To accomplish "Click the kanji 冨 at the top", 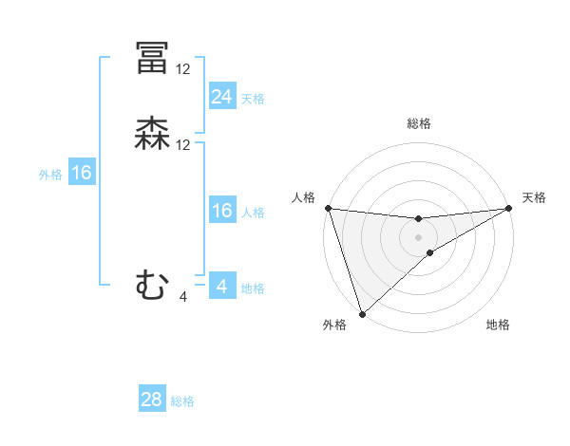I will (152, 58).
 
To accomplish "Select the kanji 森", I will (152, 134).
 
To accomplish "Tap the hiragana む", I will (152, 284).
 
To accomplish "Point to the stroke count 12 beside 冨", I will (183, 69).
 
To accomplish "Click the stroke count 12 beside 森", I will (183, 145).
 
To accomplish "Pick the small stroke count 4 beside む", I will (183, 297).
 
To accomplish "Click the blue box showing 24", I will (221, 97).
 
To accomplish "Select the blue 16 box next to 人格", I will (221, 211).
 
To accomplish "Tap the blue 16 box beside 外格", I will (82, 173).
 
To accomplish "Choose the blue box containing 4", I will (221, 286).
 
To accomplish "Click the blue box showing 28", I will (152, 400).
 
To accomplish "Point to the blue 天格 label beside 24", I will (253, 98).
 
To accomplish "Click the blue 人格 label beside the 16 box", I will (253, 212).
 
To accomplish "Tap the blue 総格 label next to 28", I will (183, 401).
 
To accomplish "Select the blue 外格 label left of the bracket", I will (50, 174).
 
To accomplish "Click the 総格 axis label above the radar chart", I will (419, 123).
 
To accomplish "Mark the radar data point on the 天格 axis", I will (508, 209).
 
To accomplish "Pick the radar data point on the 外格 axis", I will (362, 313).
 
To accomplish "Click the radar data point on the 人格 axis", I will (328, 208).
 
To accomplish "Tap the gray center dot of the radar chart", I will (419, 237).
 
